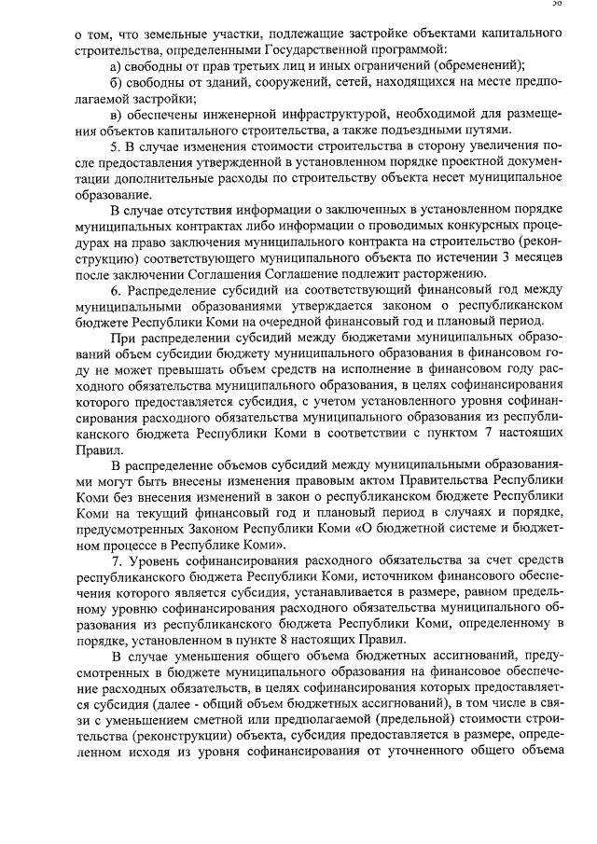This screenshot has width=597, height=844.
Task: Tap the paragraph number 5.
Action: pyautogui.click(x=115, y=146)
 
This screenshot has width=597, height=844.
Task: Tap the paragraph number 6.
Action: pyautogui.click(x=115, y=290)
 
